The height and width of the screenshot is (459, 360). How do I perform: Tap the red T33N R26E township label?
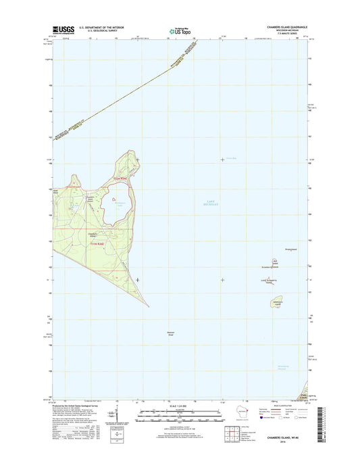(x=119, y=178)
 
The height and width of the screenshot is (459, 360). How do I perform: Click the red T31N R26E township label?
(x=98, y=243)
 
